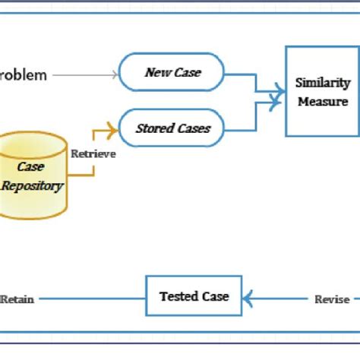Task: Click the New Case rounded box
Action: coord(172,74)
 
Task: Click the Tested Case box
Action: coord(194,296)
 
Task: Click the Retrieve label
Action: coord(93,153)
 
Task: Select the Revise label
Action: coord(332,299)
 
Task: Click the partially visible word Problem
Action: coord(24,75)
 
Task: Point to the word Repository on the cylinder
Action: coord(32,185)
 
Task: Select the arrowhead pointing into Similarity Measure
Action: coord(280,96)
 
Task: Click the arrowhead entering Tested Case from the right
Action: coord(248,298)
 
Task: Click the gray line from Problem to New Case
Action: coord(84,74)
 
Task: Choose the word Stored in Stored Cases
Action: coord(155,128)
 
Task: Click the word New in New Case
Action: coord(157,74)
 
